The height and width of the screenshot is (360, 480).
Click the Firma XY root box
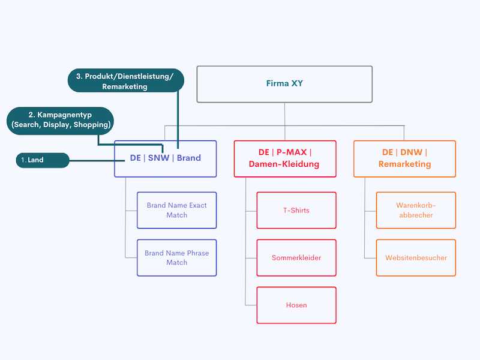[284, 84]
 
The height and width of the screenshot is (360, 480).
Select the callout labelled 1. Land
[43, 160]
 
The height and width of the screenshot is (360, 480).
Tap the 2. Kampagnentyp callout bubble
[60, 121]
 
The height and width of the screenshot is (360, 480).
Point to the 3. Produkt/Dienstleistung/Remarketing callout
[125, 80]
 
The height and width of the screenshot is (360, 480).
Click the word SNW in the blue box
[158, 158]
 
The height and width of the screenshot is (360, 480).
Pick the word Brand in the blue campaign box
[189, 158]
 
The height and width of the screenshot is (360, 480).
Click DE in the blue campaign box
[136, 158]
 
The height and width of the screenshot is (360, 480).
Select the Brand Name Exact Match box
[176, 211]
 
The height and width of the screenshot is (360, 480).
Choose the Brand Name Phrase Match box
[176, 258]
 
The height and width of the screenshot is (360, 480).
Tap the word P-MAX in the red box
[292, 152]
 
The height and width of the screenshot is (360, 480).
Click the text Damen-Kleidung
[284, 164]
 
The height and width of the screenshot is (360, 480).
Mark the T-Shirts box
[296, 211]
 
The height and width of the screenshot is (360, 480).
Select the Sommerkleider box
[296, 258]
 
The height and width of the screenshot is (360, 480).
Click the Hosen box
[296, 305]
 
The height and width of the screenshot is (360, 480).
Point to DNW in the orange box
[411, 152]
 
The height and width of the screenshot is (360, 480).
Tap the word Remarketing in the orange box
[404, 164]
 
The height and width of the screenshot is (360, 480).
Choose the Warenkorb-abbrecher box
[416, 211]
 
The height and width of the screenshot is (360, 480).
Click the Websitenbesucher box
[416, 258]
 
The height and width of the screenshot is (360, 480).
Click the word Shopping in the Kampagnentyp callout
[91, 125]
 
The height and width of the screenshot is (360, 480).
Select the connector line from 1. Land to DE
[97, 160]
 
